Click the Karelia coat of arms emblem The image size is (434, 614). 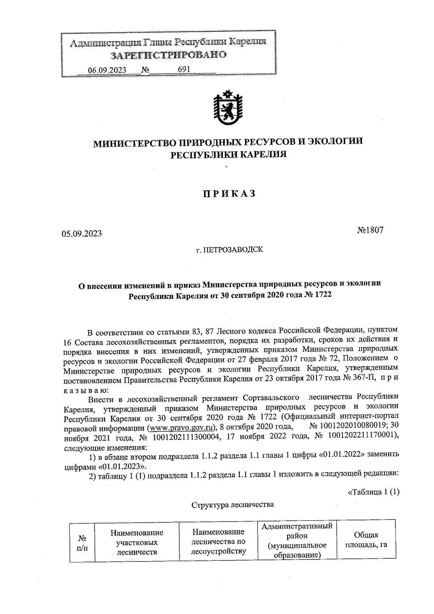pyautogui.click(x=227, y=107)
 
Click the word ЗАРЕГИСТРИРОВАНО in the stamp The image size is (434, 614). pyautogui.click(x=168, y=55)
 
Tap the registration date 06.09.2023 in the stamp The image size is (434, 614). pyautogui.click(x=107, y=69)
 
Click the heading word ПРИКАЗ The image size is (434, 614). pyautogui.click(x=229, y=194)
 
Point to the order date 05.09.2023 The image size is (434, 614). pyautogui.click(x=82, y=234)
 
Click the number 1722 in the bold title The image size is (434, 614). pyautogui.click(x=321, y=295)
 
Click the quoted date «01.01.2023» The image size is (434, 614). pyautogui.click(x=123, y=466)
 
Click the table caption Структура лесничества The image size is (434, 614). pyautogui.click(x=232, y=504)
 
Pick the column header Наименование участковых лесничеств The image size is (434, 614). pyautogui.click(x=137, y=543)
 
